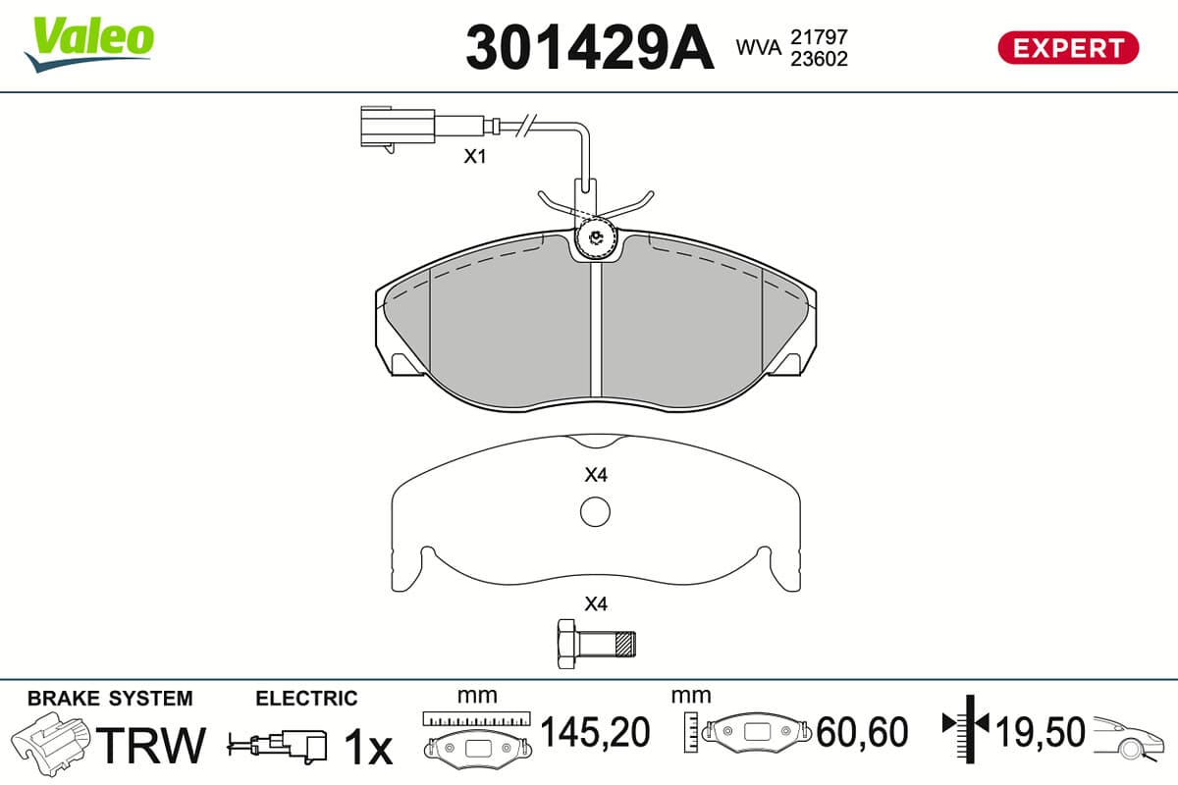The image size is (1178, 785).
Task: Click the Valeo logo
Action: [x=89, y=44]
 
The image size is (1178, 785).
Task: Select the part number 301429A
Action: [x=590, y=47]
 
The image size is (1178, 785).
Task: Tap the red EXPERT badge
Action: [x=1068, y=48]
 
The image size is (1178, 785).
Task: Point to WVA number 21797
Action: [x=819, y=37]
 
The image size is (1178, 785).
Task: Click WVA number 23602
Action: [x=819, y=59]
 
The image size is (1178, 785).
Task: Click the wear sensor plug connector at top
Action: [x=398, y=127]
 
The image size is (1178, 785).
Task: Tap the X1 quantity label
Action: [x=474, y=156]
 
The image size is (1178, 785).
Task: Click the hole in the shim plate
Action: [x=595, y=511]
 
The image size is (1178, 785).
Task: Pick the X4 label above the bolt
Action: [x=596, y=604]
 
